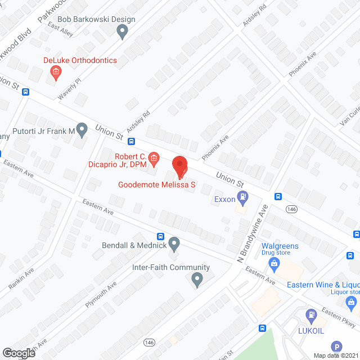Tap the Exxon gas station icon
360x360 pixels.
243,197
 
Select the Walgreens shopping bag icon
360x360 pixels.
274,263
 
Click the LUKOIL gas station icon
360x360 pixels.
310,316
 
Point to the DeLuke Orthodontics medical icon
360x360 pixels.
56,71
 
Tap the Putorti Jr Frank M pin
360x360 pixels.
82,130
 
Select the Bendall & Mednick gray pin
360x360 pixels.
174,244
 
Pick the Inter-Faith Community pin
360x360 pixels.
197,279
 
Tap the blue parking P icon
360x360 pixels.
336,347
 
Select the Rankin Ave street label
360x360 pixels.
21,278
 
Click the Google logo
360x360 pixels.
18,353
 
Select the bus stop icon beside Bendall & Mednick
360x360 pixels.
160,236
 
